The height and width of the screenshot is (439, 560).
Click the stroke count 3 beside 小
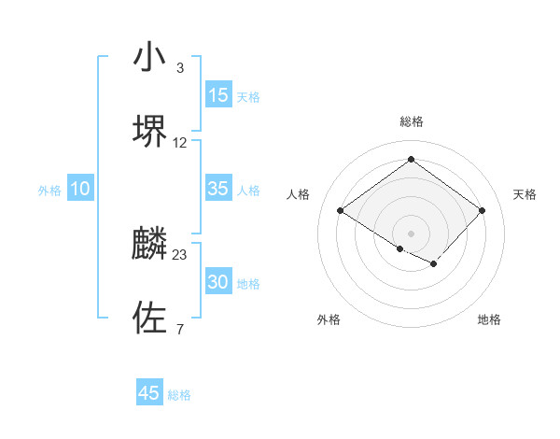coord(179,68)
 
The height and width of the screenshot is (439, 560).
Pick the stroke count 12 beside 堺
coord(180,142)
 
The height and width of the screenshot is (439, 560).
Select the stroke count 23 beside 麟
coord(180,254)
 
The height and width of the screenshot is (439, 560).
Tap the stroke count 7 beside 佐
coord(179,329)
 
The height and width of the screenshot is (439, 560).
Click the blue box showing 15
coord(218,95)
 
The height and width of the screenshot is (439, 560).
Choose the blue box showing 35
coord(218,189)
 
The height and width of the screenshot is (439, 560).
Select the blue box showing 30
coord(218,282)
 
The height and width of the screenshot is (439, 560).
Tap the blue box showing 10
coord(80,189)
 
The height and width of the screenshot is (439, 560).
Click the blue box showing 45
coord(149,393)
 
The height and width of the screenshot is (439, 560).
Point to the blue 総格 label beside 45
coord(179,395)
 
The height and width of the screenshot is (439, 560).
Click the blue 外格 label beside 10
coord(49,191)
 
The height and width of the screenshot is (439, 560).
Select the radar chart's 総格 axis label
coord(411,121)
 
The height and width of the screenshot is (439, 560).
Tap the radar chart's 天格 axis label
coord(525,194)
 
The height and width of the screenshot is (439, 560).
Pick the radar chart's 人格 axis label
coord(299,194)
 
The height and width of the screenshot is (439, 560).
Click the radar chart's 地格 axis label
coord(489,319)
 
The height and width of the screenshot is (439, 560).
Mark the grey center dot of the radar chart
coord(411,233)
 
